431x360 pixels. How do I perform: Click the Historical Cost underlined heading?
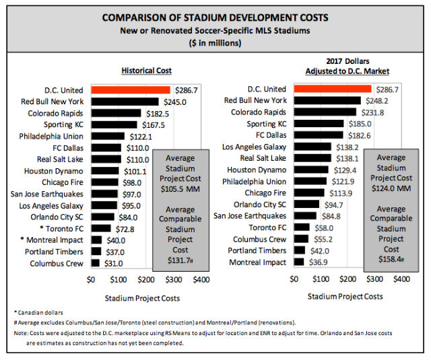(146, 70)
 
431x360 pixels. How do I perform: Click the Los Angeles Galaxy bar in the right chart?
(314, 146)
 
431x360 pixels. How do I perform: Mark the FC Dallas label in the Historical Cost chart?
(67, 147)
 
